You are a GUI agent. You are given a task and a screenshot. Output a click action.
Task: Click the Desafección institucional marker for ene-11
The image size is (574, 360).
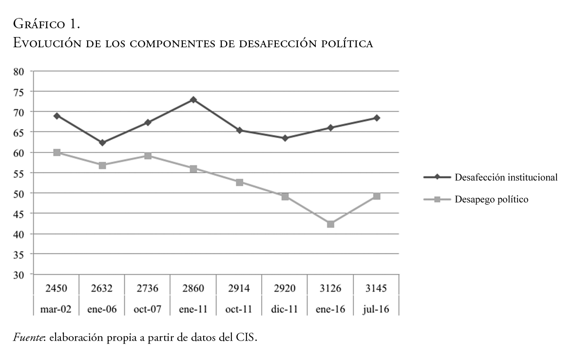(193, 99)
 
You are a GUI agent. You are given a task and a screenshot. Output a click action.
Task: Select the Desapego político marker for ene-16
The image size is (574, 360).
(331, 224)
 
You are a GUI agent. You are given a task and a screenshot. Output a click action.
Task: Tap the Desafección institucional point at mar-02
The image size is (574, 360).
(57, 116)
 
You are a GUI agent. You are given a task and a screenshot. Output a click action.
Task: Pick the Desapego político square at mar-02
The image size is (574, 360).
(57, 152)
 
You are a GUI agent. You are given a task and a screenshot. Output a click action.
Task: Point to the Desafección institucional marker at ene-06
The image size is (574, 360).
(102, 143)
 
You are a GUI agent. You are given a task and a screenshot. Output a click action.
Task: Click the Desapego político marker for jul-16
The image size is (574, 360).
(377, 196)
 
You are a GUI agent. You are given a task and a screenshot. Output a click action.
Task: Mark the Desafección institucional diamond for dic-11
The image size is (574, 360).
(285, 138)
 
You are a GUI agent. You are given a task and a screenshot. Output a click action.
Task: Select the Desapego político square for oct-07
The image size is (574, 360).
(148, 156)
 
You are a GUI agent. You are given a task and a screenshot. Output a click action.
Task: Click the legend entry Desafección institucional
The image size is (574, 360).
(505, 177)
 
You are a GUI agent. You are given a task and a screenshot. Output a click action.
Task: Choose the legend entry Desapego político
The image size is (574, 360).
(491, 199)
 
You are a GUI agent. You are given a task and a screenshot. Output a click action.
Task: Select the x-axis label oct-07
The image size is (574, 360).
(148, 309)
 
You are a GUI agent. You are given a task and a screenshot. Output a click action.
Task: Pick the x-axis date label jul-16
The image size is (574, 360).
(376, 309)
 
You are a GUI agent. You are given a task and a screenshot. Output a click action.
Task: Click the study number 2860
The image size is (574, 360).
(193, 288)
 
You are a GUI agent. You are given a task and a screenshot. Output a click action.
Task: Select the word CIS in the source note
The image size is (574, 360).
(246, 338)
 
